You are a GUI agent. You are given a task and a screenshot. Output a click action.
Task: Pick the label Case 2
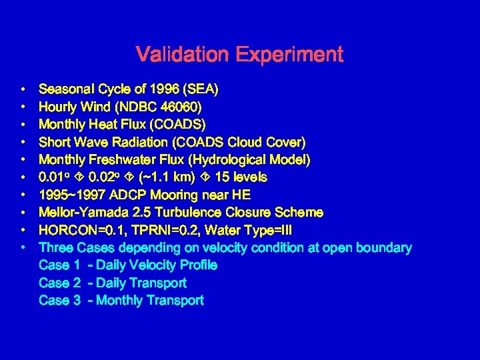coord(59,283)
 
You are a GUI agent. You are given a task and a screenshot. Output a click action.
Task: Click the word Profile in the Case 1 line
coord(197,265)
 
